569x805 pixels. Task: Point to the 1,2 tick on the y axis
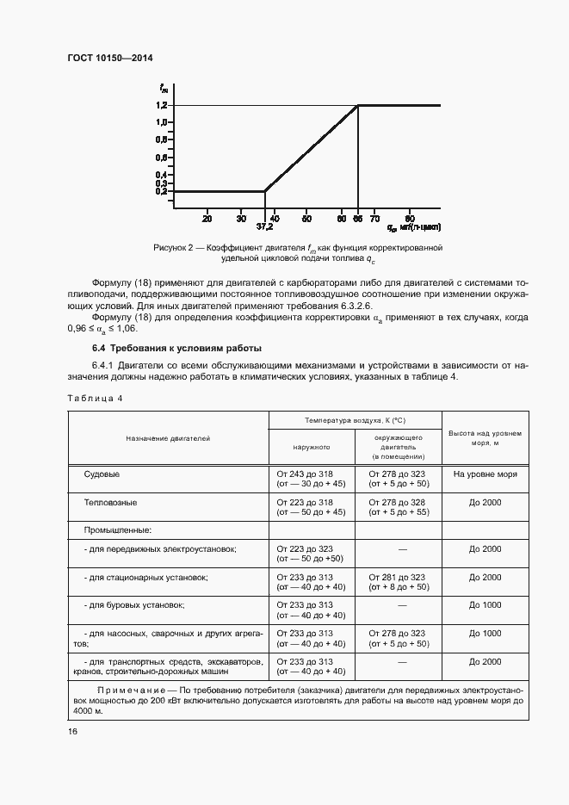[162, 105]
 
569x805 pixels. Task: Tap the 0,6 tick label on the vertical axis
[162, 158]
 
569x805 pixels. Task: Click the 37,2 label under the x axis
[265, 228]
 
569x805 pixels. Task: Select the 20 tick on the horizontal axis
[207, 219]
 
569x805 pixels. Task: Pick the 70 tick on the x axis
[374, 219]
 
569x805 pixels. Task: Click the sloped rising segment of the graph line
[310, 149]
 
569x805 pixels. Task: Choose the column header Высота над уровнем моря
[485, 438]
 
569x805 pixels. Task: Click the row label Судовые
[102, 474]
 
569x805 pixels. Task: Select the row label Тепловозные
[110, 502]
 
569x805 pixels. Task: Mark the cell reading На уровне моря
[485, 474]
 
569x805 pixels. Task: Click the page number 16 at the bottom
[72, 731]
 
